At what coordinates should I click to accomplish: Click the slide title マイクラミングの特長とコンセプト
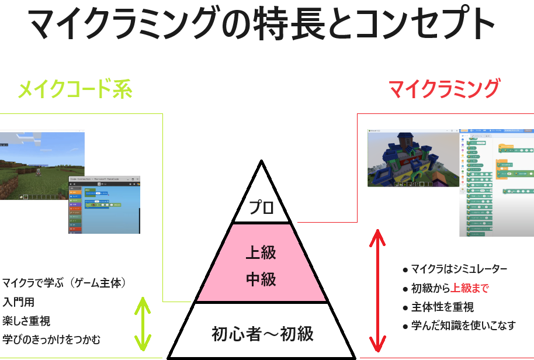click(x=261, y=25)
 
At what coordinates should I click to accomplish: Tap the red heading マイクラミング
click(x=444, y=89)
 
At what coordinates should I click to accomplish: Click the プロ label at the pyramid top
click(x=261, y=207)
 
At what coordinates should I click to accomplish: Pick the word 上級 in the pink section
click(x=261, y=252)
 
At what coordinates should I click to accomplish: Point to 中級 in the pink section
click(x=261, y=279)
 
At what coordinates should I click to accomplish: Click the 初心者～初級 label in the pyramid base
click(x=262, y=334)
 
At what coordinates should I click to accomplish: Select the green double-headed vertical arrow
click(x=142, y=325)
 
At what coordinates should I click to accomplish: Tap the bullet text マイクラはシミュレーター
click(x=459, y=269)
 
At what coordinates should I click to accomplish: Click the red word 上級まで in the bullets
click(x=470, y=288)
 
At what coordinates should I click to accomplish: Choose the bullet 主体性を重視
click(x=442, y=307)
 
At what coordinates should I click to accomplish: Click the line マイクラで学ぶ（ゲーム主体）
click(x=64, y=283)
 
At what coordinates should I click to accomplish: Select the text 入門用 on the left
click(x=18, y=302)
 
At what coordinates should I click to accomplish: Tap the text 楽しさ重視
click(x=26, y=320)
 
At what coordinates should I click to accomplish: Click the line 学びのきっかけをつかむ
click(x=51, y=339)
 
